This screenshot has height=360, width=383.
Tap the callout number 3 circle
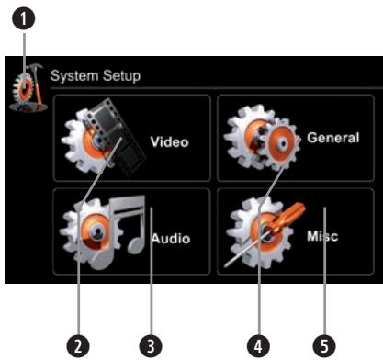(150, 344)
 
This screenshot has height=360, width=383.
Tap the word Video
(169, 142)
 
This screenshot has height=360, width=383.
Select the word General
(332, 139)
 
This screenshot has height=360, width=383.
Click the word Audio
(170, 239)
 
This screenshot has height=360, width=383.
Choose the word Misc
(322, 236)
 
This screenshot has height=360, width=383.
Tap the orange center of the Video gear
(92, 146)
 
